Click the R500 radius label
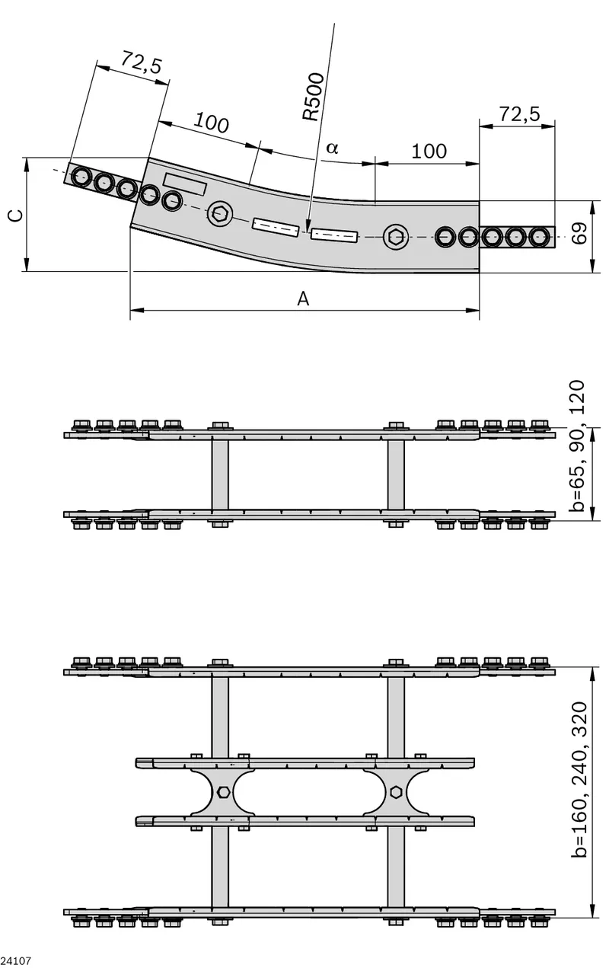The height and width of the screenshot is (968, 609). coord(314,97)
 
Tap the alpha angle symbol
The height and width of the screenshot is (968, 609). coord(332,148)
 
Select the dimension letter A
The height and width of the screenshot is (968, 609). coord(303,299)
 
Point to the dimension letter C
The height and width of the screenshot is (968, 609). coord(16,215)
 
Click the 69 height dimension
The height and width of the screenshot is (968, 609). coord(579,233)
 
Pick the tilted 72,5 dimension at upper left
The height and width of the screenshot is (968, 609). coord(141,62)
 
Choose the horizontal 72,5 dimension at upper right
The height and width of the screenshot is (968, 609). coord(520,113)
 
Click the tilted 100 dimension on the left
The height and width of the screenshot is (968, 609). coord(211,123)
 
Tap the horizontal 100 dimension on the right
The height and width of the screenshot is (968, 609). coord(429,152)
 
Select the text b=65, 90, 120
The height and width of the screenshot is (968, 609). coord(578,446)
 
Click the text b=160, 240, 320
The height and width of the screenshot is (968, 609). coord(579,780)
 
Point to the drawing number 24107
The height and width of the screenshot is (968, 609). coord(16,960)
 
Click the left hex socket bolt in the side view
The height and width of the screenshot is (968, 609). coord(220,213)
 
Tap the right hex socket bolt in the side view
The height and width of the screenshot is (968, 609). coord(396,237)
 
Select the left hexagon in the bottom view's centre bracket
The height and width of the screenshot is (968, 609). coord(223,791)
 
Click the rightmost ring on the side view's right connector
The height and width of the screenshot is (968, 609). coord(539,237)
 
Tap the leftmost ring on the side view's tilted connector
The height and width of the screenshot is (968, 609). coord(81,177)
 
